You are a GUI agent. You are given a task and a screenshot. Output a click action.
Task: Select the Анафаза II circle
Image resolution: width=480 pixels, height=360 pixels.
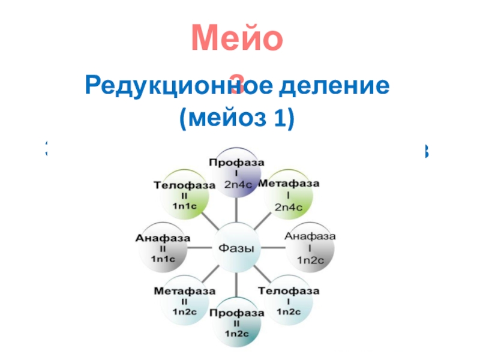point(163,248)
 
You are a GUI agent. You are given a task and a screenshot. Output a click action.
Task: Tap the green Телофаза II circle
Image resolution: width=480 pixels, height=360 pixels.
point(184,195)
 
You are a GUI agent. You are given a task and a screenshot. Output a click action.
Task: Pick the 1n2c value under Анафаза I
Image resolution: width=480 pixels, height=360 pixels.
point(310,260)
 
